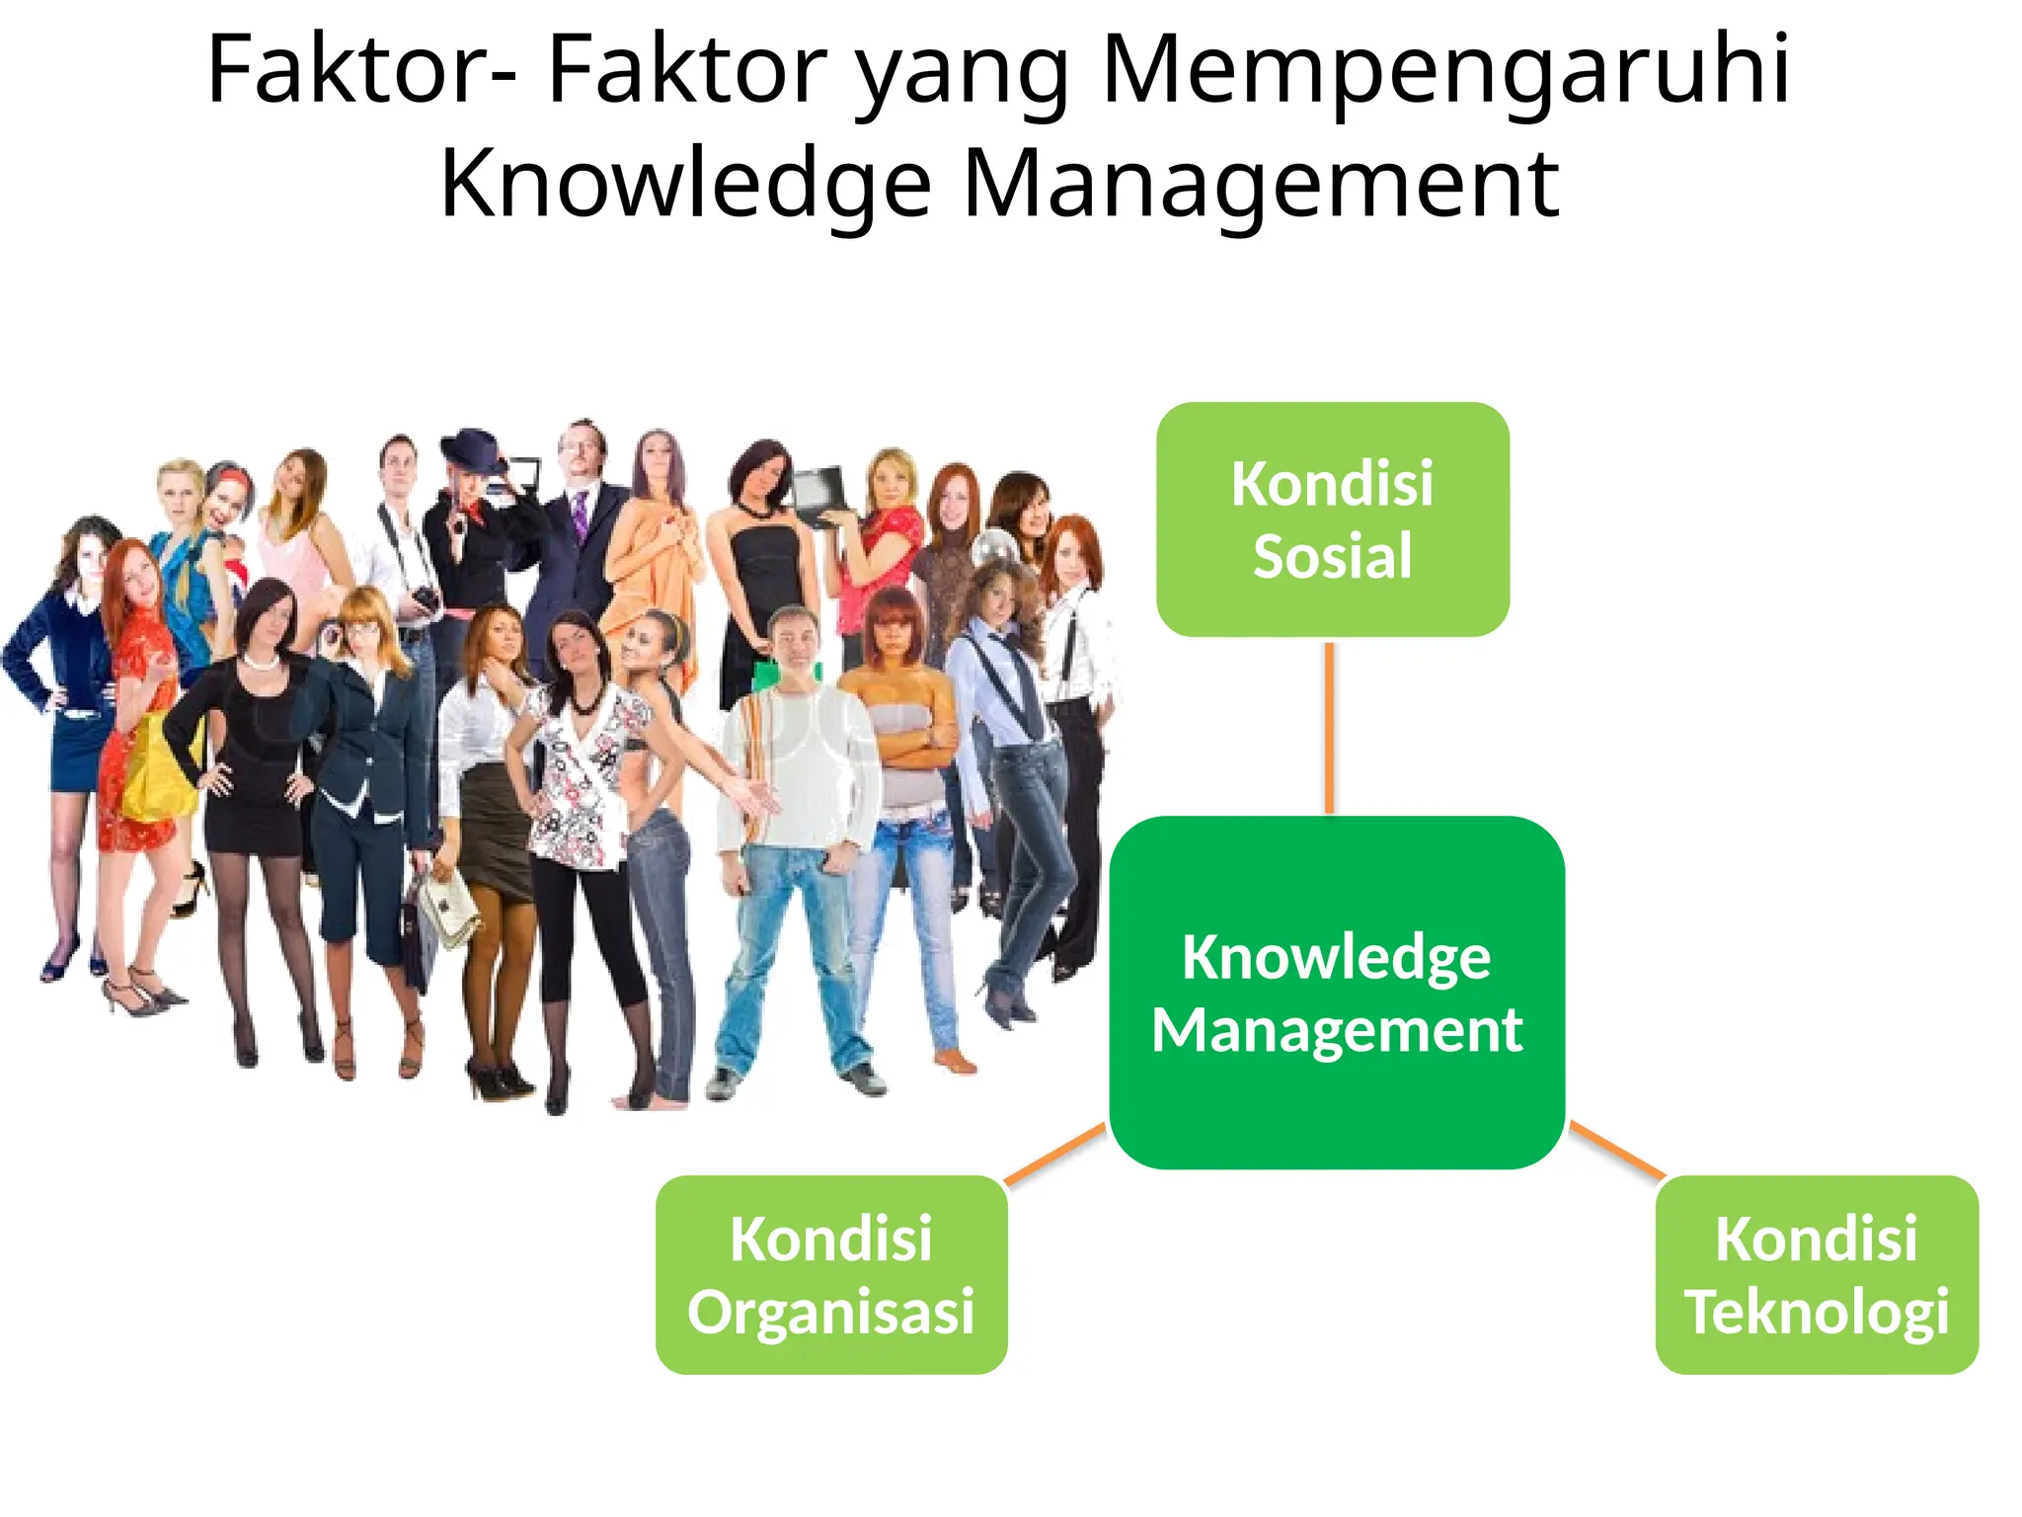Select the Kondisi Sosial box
[1332, 519]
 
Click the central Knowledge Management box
[1337, 992]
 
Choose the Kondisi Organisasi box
[831, 1274]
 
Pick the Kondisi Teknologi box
[1817, 1274]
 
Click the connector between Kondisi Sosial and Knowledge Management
[1330, 728]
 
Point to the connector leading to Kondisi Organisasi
[1054, 1153]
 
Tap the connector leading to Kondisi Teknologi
[1616, 1150]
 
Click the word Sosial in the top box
[1332, 556]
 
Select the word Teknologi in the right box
[1817, 1312]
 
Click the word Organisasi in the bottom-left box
[831, 1312]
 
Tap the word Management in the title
[1260, 184]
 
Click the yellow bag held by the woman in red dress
[158, 770]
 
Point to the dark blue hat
[471, 449]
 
